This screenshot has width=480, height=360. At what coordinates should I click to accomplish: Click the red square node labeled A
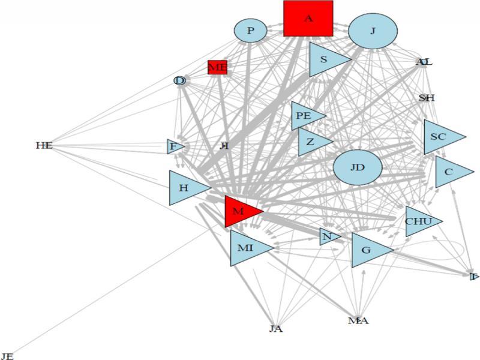tap(308, 19)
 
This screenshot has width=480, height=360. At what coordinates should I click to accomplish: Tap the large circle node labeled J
tap(373, 31)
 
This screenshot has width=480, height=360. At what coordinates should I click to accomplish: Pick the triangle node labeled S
tap(325, 60)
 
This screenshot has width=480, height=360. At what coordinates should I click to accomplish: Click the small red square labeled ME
tap(217, 67)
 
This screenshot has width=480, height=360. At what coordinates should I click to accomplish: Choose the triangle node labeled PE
tap(305, 116)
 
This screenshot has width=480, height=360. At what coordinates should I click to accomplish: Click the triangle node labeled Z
tap(311, 142)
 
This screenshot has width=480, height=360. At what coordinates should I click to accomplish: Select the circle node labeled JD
tap(358, 167)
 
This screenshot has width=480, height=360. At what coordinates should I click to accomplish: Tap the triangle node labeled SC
tap(439, 137)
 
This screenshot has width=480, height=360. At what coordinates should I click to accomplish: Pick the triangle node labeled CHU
tap(419, 221)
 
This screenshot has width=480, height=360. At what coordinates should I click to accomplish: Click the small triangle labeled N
tap(328, 237)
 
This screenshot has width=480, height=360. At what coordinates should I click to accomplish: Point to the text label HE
tap(44, 145)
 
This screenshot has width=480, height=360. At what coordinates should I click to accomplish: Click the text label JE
tap(7, 356)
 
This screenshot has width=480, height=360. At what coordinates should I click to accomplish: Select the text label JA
tap(276, 329)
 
